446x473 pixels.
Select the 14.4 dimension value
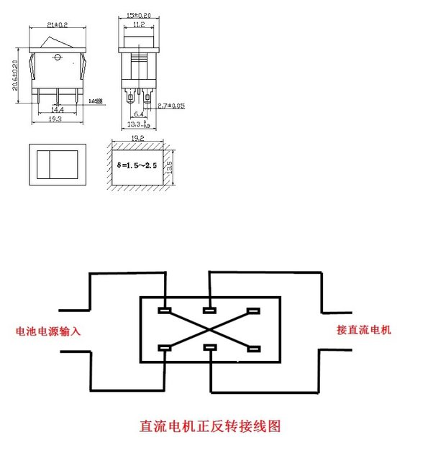[x=57, y=110]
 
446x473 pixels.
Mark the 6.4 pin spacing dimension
[x=139, y=113]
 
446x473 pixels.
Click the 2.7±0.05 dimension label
[x=171, y=106]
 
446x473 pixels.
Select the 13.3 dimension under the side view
[x=137, y=122]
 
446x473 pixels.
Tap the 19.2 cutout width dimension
[x=139, y=137]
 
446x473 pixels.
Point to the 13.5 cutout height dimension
[x=170, y=166]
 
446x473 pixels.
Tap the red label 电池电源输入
[x=48, y=332]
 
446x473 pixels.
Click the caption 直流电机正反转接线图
[x=209, y=426]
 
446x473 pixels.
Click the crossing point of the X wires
[x=209, y=330]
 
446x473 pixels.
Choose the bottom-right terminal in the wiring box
[x=252, y=349]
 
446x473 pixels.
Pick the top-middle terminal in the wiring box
[x=209, y=311]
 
